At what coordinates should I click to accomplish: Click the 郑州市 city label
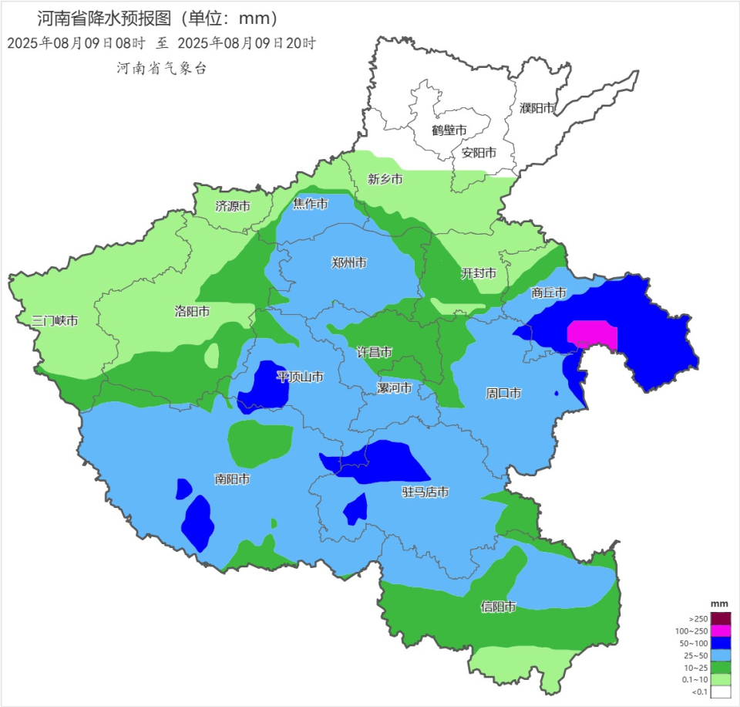pyautogui.click(x=349, y=262)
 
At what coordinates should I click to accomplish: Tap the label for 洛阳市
pyautogui.click(x=193, y=312)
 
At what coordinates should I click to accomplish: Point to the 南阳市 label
pyautogui.click(x=232, y=479)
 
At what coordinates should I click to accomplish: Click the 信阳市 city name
pyautogui.click(x=497, y=607)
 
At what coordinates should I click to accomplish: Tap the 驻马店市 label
pyautogui.click(x=425, y=492)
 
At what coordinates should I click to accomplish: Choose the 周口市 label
pyautogui.click(x=503, y=394)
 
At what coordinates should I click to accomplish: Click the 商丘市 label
pyautogui.click(x=549, y=293)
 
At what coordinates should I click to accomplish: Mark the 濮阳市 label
pyautogui.click(x=537, y=108)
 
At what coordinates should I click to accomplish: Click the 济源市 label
pyautogui.click(x=232, y=207)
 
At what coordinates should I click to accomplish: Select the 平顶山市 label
pyautogui.click(x=300, y=377)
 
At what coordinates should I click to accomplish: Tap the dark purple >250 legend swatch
pyautogui.click(x=720, y=618)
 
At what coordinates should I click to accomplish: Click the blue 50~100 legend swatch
pyautogui.click(x=720, y=643)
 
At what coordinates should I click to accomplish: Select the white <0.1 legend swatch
pyautogui.click(x=720, y=692)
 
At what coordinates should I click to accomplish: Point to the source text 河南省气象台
pyautogui.click(x=162, y=68)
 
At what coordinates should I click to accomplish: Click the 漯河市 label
pyautogui.click(x=394, y=387)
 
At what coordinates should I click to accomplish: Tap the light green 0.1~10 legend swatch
pyautogui.click(x=720, y=679)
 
